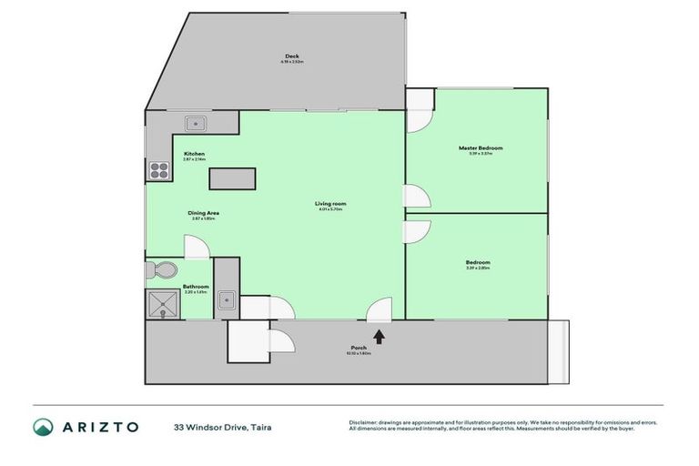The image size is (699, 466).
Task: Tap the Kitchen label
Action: click(x=195, y=154)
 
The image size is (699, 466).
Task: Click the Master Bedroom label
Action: click(x=479, y=147)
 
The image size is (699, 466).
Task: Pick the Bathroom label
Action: click(x=196, y=287)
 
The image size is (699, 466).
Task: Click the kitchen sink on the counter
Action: click(x=195, y=124)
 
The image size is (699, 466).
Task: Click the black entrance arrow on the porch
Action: click(x=379, y=336)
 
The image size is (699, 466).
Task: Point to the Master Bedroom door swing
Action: click(x=417, y=196)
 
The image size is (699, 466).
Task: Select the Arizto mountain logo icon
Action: click(x=44, y=426)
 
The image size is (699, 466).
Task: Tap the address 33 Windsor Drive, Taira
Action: click(x=223, y=426)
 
